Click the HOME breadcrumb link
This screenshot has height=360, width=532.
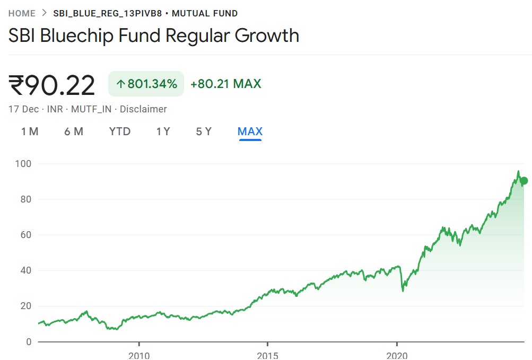[x=22, y=13]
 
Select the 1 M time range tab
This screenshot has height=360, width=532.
[x=30, y=131]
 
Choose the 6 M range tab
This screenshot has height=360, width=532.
[x=74, y=131]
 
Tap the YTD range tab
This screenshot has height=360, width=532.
[x=120, y=131]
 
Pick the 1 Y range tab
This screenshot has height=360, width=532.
[x=163, y=131]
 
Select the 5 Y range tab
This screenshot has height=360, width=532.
[x=204, y=131]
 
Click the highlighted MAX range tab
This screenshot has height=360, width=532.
[x=250, y=131]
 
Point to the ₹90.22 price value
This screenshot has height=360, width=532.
[x=52, y=85]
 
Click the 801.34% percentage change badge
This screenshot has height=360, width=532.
[x=146, y=84]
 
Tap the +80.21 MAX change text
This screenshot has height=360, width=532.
[x=225, y=84]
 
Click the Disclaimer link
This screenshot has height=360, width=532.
[x=143, y=109]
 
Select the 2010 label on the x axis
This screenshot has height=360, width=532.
[x=138, y=355]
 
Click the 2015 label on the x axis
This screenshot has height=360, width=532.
[x=268, y=355]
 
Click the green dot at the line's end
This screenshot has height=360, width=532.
[x=524, y=181]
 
